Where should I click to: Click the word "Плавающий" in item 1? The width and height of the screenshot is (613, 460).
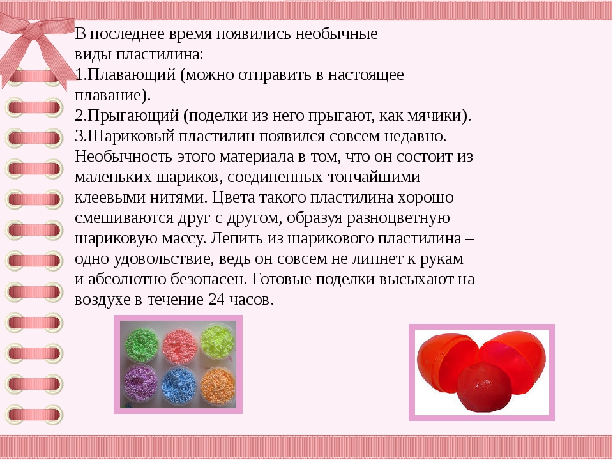[x=132, y=75]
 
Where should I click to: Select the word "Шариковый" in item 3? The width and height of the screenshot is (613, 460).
[x=130, y=136]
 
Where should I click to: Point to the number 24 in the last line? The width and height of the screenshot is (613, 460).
[x=216, y=299]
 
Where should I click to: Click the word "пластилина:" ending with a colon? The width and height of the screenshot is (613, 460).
[x=160, y=54]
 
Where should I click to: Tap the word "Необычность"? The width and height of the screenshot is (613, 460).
[x=123, y=157]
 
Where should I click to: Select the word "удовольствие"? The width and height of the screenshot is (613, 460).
[x=164, y=259]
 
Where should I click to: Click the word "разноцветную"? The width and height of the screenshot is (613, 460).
[x=398, y=218]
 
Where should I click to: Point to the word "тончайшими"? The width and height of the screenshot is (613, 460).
[x=374, y=177]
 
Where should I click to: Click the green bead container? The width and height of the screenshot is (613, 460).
[x=142, y=344]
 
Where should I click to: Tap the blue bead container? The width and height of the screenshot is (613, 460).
[x=179, y=385]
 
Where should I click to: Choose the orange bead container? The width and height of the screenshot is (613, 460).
[x=218, y=385]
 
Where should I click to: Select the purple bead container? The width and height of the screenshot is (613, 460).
[x=140, y=383]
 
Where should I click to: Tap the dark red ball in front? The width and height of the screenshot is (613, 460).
[x=485, y=387]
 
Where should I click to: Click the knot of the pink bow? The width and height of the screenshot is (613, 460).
[x=36, y=31]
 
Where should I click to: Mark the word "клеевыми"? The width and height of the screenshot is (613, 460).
[x=110, y=197]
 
